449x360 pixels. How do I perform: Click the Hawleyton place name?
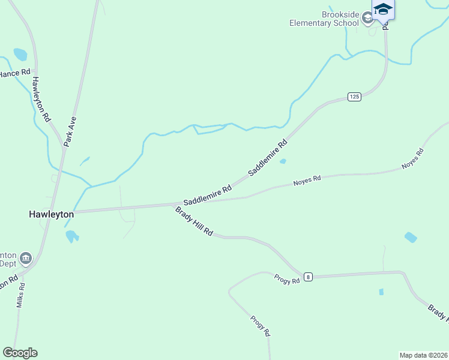[x=52, y=214]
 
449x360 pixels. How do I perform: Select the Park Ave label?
[x=71, y=132]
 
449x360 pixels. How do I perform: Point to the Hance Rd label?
[x=14, y=73]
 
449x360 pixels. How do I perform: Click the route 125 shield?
[x=354, y=97]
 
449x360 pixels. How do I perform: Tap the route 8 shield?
[x=308, y=277]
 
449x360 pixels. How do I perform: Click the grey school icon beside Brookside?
[x=367, y=19]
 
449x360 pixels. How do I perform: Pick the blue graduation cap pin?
[x=382, y=10]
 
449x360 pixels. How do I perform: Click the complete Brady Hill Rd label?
[x=194, y=221]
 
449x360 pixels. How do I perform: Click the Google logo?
[x=20, y=353]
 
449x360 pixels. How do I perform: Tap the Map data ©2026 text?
[x=423, y=355]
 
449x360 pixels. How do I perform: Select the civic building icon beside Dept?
[x=25, y=259]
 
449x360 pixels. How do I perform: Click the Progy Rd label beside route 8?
[x=286, y=278]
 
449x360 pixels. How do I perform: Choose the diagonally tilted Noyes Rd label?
[x=413, y=158]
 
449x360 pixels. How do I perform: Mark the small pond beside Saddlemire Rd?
[x=283, y=161]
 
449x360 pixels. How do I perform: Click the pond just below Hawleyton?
[x=71, y=236]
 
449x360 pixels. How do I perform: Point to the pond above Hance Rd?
[x=20, y=55]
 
